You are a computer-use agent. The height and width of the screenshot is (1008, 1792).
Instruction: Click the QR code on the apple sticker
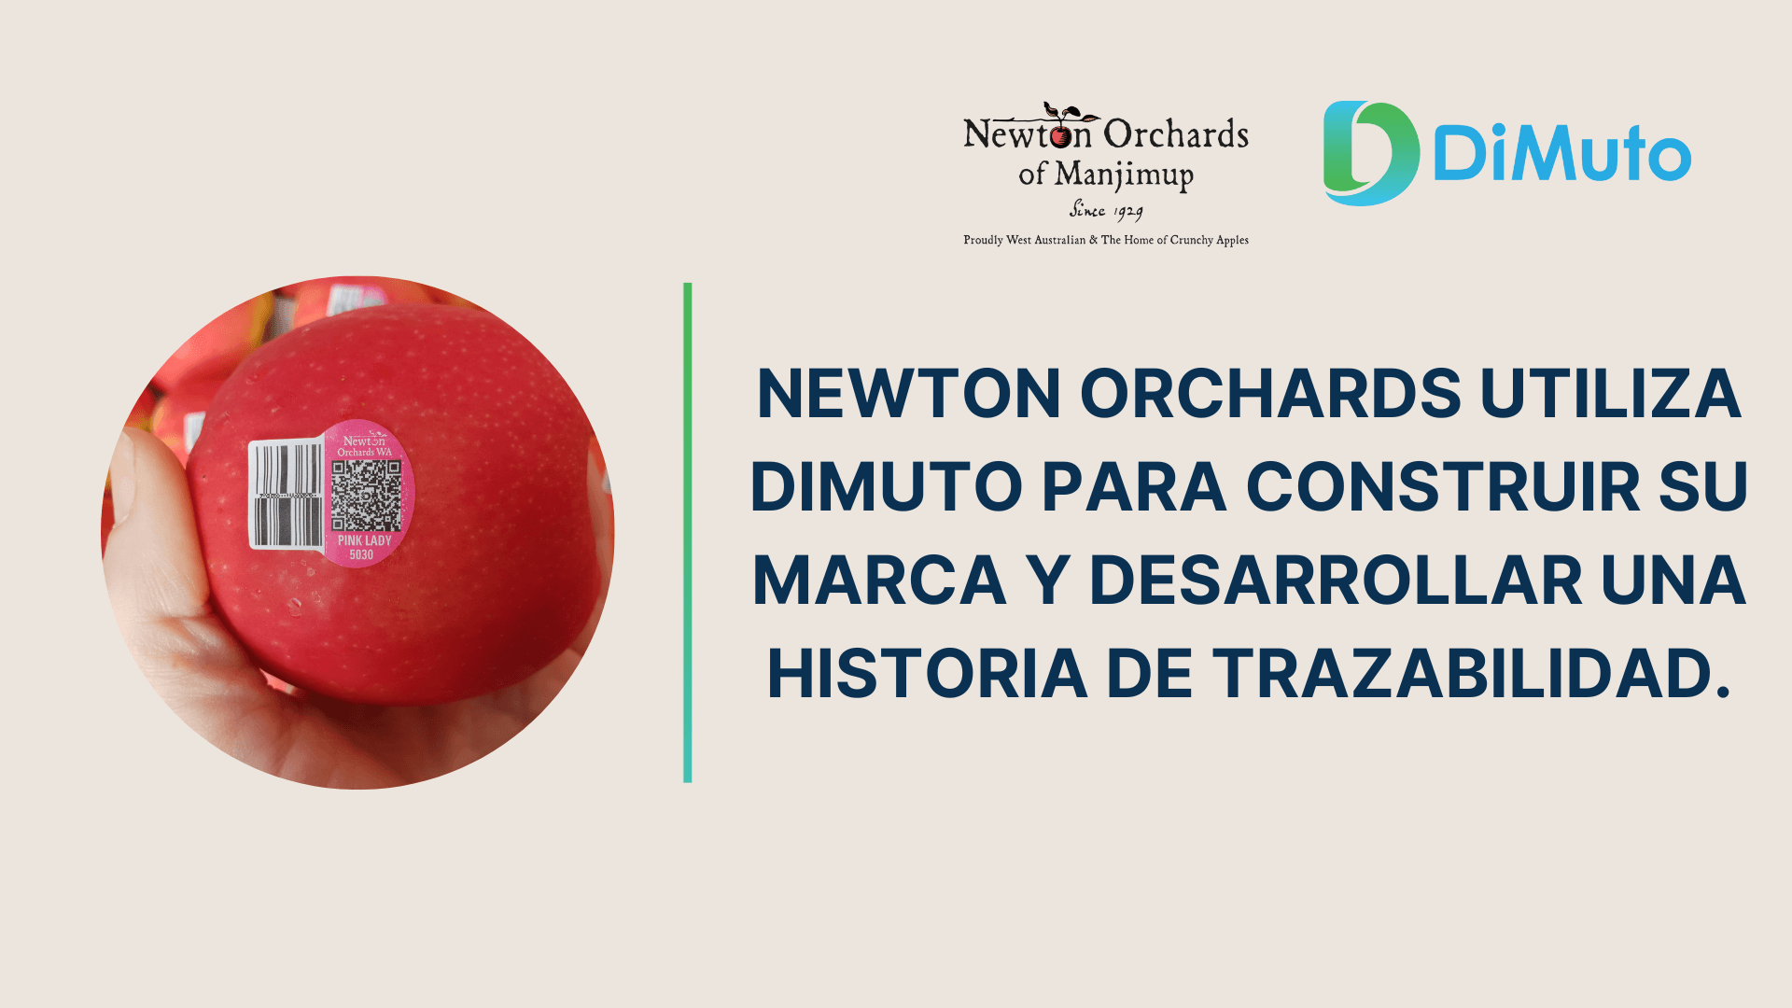(366, 496)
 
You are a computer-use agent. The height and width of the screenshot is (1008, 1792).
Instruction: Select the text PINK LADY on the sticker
(365, 540)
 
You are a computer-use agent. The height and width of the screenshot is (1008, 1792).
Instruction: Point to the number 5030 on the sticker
(361, 555)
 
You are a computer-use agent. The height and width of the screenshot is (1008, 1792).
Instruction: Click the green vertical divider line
(688, 532)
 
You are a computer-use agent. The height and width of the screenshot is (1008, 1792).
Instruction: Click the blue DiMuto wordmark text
(1561, 155)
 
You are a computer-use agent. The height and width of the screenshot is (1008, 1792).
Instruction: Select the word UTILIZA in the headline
(1610, 394)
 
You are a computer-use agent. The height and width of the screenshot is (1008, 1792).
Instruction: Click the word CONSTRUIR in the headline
(1443, 487)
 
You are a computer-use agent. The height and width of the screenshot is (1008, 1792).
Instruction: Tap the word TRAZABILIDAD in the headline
(1472, 674)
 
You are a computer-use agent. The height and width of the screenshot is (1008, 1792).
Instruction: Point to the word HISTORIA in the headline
(927, 674)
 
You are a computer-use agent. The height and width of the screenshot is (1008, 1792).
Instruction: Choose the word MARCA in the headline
(879, 581)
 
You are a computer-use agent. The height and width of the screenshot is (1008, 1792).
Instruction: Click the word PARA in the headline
(1134, 487)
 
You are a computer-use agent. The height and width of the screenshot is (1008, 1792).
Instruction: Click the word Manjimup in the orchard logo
(1125, 175)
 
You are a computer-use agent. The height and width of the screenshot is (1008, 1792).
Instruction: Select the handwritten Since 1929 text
(1106, 210)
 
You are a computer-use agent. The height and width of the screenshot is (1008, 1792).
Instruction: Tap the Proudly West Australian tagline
(1106, 240)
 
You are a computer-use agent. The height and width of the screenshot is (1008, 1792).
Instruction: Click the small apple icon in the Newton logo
(1061, 136)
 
